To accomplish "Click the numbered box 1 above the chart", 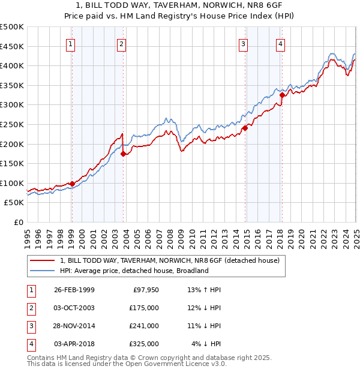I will coord(71,43).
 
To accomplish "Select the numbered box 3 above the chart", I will coord(244,43).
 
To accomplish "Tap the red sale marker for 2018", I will coord(282,94).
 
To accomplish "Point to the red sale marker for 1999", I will coord(72,184).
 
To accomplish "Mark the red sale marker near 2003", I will coord(123,154).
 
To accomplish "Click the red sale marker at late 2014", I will coord(245,128).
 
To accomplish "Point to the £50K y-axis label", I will coord(14,203).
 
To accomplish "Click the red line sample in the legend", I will coord(41,260).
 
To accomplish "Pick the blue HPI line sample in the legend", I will coord(41,271).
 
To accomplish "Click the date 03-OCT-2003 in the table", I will coord(74,308).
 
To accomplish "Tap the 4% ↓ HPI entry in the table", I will coord(206,344).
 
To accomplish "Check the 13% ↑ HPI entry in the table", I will coord(205,290).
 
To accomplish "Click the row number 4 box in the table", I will coord(31,344).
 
